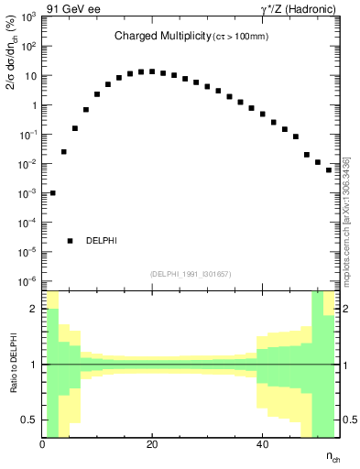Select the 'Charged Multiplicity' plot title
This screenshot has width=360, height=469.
click(158, 37)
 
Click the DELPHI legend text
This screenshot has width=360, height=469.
click(101, 241)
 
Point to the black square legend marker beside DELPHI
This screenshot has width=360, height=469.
click(70, 241)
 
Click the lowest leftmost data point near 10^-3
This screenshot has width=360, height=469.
click(53, 193)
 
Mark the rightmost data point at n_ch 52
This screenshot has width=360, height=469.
click(329, 169)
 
